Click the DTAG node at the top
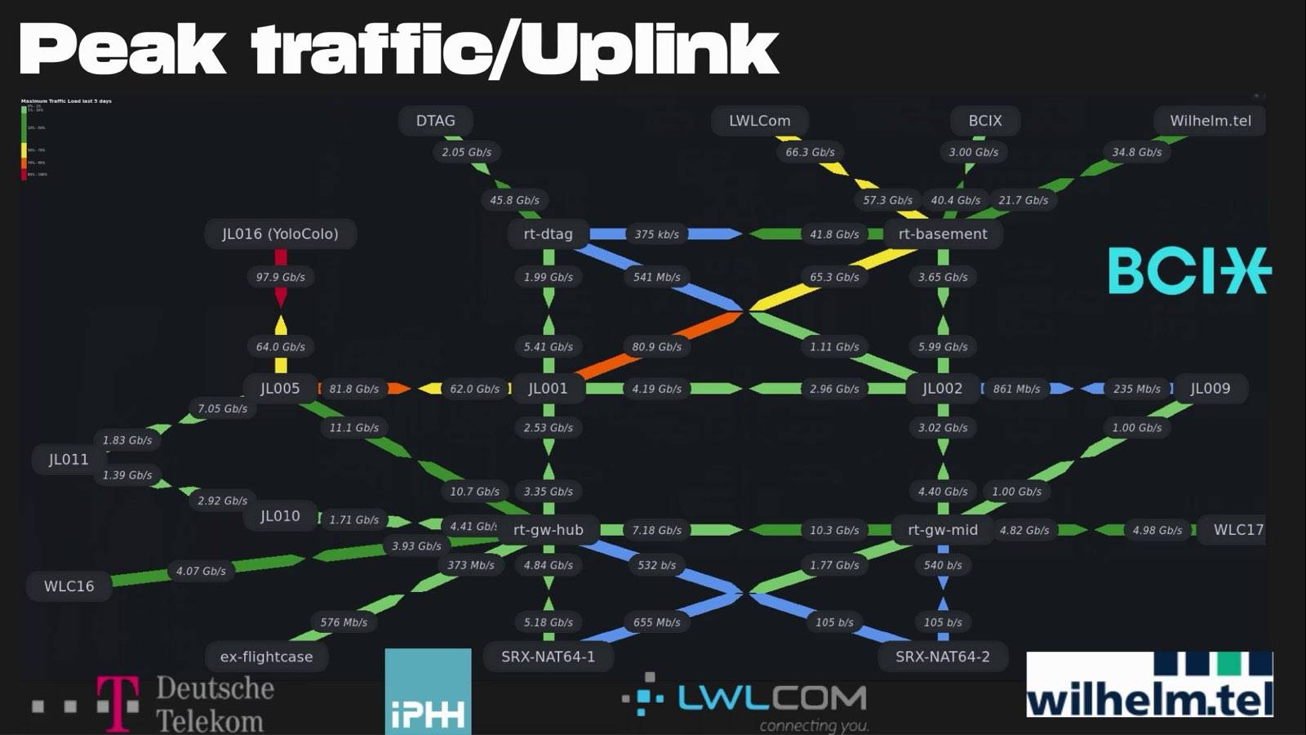pos(435,121)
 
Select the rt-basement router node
pos(942,234)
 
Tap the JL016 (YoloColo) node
pos(280,234)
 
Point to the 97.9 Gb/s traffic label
pos(280,278)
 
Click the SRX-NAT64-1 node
pos(548,657)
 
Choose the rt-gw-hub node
pos(548,530)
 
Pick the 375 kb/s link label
pos(656,234)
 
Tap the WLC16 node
pos(69,586)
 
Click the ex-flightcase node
pos(266,657)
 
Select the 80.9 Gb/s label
pos(656,347)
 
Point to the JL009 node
pos(1210,389)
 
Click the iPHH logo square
pos(428,691)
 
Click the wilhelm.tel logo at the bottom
pos(1148,685)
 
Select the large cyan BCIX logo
pos(1188,271)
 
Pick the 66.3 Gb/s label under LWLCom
pos(810,153)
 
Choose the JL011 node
pos(69,460)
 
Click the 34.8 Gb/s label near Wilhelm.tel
pos(1136,153)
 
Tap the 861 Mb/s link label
pos(1016,390)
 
